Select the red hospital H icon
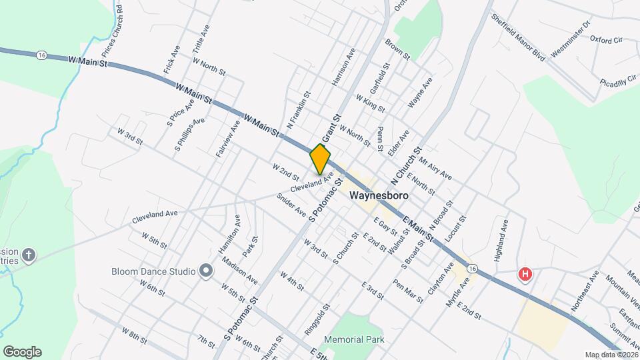(525, 274)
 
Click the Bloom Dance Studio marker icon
(206, 271)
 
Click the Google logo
(22, 351)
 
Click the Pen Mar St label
(408, 291)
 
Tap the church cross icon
(28, 254)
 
